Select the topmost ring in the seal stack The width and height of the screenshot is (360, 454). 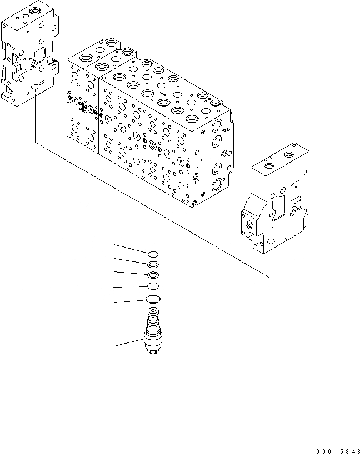point(153,255)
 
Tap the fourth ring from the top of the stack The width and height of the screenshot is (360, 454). point(153,286)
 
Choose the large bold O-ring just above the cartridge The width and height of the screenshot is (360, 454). point(153,300)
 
